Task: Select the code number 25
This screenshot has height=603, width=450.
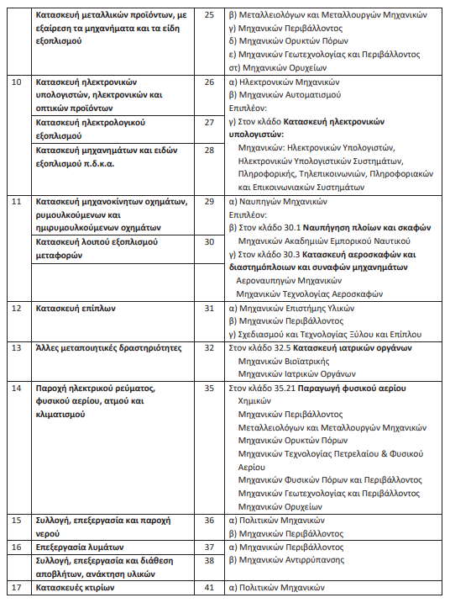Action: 209,15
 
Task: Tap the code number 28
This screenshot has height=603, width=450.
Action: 209,149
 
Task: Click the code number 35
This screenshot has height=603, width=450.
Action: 209,389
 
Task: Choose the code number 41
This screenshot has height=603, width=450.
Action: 209,588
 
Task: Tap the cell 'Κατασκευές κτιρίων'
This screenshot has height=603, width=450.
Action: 75,588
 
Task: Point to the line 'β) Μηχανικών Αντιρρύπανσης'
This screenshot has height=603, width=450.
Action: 290,559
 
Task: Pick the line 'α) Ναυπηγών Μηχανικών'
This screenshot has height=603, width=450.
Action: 278,202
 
